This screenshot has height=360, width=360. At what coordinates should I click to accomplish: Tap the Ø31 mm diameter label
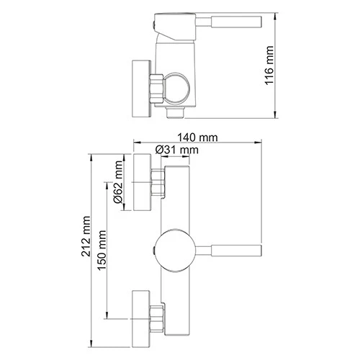176,150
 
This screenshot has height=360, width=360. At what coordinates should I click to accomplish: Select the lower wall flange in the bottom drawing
140,315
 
